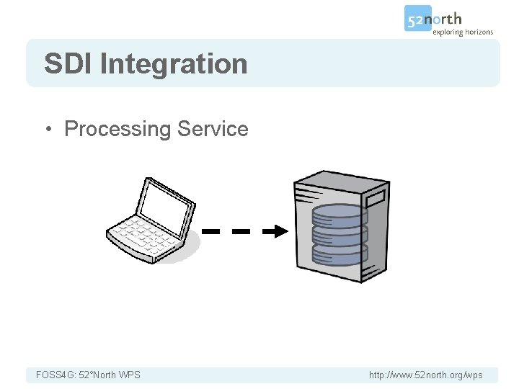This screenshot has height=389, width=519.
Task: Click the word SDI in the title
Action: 68,63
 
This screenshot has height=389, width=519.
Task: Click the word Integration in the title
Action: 174,64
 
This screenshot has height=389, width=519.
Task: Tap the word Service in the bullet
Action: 213,129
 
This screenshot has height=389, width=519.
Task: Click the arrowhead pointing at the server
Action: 278,231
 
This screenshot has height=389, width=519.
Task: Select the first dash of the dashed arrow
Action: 210,232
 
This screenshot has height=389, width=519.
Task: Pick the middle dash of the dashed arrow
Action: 241,232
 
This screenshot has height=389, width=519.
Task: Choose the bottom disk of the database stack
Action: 340,251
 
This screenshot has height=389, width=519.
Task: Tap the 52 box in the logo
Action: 417,19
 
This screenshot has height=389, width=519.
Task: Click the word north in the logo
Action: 446,19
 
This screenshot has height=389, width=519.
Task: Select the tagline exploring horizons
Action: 462,32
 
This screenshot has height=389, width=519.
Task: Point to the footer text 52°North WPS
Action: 109,375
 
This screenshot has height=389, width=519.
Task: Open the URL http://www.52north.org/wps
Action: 425,375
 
